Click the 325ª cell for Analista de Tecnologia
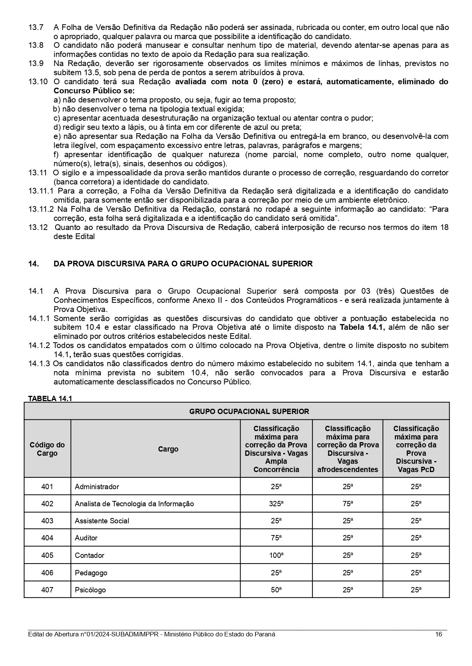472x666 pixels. pyautogui.click(x=276, y=504)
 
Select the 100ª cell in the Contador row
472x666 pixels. pyautogui.click(x=276, y=555)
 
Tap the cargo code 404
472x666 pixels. pyautogui.click(x=47, y=538)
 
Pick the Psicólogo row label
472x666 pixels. pyautogui.click(x=90, y=590)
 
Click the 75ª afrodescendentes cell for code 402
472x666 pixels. pyautogui.click(x=348, y=504)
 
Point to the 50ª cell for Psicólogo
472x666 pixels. pyautogui.click(x=276, y=590)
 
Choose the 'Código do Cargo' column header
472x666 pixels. pyautogui.click(x=47, y=449)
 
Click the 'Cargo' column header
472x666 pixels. pyautogui.click(x=168, y=449)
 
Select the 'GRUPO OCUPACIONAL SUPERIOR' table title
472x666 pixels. pyautogui.click(x=249, y=411)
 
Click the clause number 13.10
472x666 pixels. pyautogui.click(x=38, y=82)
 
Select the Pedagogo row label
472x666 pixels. pyautogui.click(x=91, y=573)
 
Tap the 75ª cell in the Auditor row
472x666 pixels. pyautogui.click(x=276, y=538)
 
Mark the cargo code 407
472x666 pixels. pyautogui.click(x=47, y=590)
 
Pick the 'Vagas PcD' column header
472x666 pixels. pyautogui.click(x=416, y=449)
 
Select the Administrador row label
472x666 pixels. pyautogui.click(x=97, y=487)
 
